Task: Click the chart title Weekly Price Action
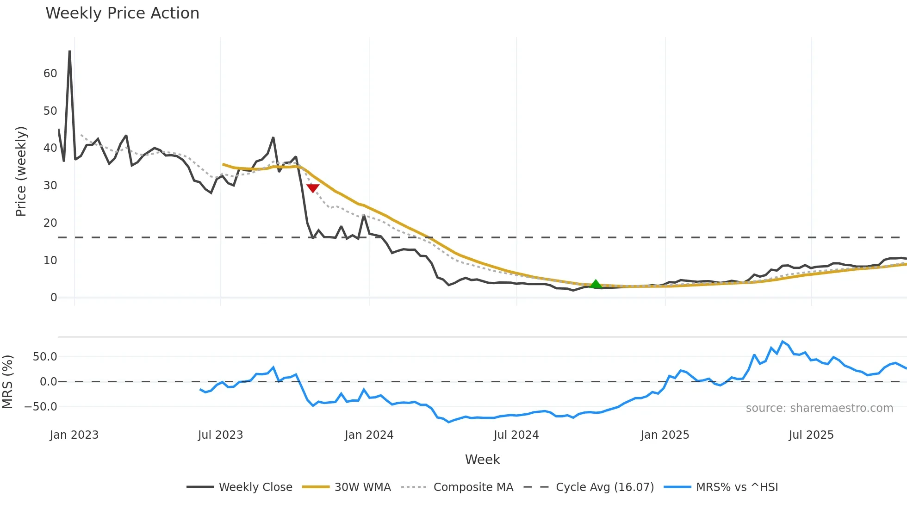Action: (x=122, y=13)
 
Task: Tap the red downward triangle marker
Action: (x=313, y=188)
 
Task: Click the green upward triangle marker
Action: (x=596, y=284)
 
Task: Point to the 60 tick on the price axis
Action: (x=50, y=74)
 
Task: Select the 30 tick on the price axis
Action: (x=50, y=186)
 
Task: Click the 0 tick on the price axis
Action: (x=54, y=298)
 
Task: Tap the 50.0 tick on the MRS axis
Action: (x=45, y=357)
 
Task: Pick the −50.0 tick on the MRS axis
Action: (x=41, y=407)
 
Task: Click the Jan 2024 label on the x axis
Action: (x=369, y=435)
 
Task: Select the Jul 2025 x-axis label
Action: (x=811, y=435)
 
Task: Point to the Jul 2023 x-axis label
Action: (x=220, y=435)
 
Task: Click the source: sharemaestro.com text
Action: (x=819, y=408)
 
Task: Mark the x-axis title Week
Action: (x=482, y=460)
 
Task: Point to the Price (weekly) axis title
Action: (x=21, y=171)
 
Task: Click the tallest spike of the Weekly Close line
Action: (x=69, y=52)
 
